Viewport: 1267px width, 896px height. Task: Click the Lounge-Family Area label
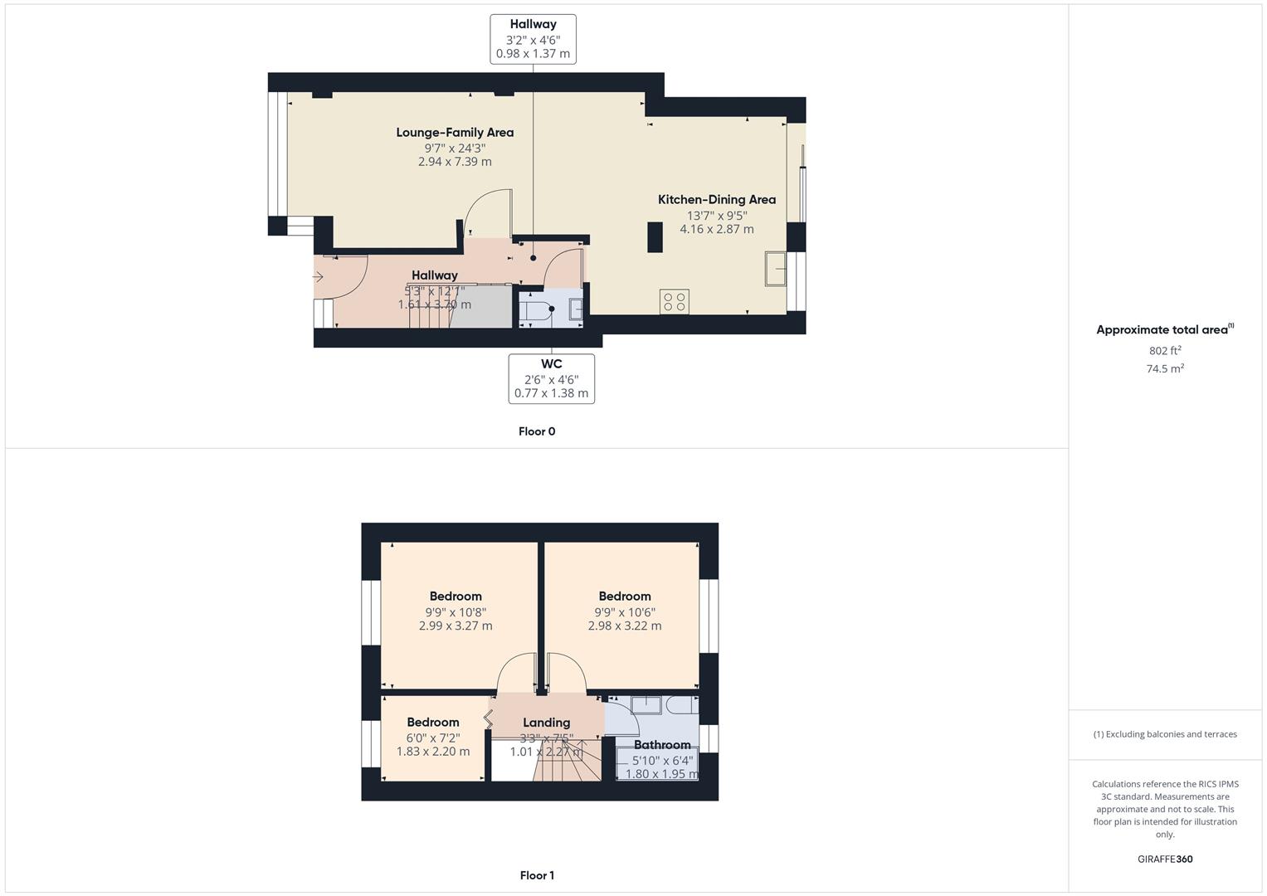click(x=455, y=133)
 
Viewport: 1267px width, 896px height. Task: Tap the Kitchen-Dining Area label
click(x=717, y=200)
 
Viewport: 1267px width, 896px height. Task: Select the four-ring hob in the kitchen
click(x=675, y=302)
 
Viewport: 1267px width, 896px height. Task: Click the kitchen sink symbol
click(x=776, y=269)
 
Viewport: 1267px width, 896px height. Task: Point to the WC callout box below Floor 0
click(x=551, y=379)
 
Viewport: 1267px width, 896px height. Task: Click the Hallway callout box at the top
click(x=533, y=39)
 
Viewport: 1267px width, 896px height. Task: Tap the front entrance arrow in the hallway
click(x=318, y=276)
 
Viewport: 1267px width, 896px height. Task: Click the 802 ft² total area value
click(x=1165, y=351)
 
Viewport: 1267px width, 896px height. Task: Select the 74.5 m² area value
click(x=1165, y=369)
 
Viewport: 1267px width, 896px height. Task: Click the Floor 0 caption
click(x=537, y=431)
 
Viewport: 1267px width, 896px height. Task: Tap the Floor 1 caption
click(x=537, y=875)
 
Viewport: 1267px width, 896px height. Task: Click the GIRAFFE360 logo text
click(x=1165, y=859)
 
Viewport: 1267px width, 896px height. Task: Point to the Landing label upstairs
click(x=546, y=723)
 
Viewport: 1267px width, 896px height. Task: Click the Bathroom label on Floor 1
click(x=662, y=745)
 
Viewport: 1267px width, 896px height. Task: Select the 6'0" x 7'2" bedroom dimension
click(x=432, y=738)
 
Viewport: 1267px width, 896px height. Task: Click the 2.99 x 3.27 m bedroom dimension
click(x=456, y=626)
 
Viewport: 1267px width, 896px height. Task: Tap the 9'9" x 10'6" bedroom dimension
click(x=625, y=612)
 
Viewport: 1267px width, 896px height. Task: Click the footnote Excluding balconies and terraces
click(x=1165, y=734)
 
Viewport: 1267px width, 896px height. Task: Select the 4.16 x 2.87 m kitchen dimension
click(x=717, y=230)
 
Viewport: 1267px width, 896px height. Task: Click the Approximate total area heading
click(x=1162, y=330)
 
